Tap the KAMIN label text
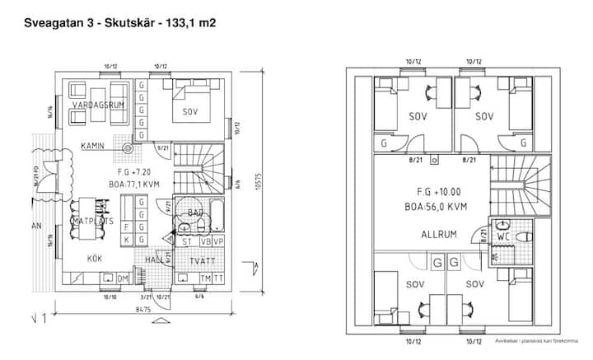(x=92, y=146)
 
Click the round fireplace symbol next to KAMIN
(x=127, y=148)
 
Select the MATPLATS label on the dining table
(x=93, y=222)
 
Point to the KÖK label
(x=95, y=258)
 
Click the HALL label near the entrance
(x=154, y=259)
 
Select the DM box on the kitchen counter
(x=122, y=279)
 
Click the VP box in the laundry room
(x=217, y=241)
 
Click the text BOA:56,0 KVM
(x=436, y=207)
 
